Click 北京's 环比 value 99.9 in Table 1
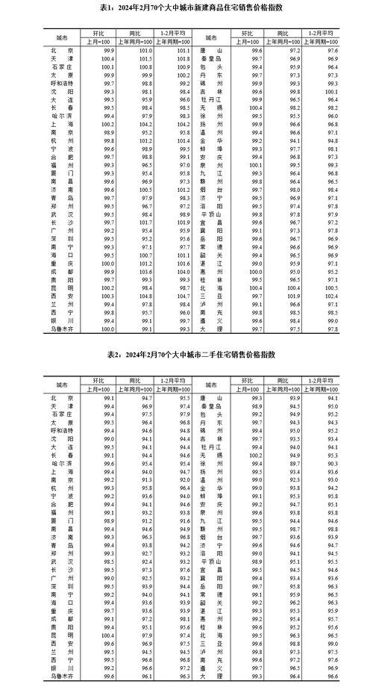[x=107, y=50]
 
